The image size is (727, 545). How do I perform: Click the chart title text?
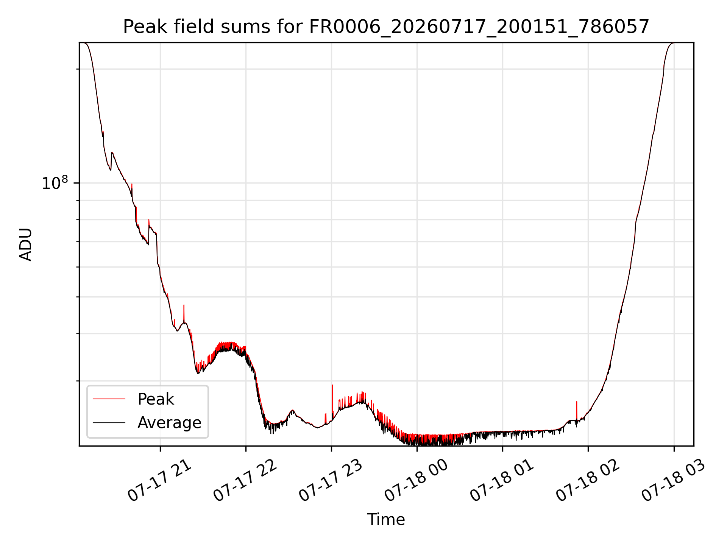coord(386,27)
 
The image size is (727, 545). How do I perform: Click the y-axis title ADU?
coord(26,244)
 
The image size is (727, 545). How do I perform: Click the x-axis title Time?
coord(386,520)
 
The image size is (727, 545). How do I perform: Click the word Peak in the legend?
coord(156,399)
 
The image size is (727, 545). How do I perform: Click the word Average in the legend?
coord(169,422)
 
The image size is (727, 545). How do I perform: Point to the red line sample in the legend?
coord(109,399)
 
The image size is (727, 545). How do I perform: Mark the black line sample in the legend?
coord(109,422)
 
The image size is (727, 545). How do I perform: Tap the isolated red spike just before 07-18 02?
coord(577,410)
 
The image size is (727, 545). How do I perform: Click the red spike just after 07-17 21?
coord(184,313)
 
